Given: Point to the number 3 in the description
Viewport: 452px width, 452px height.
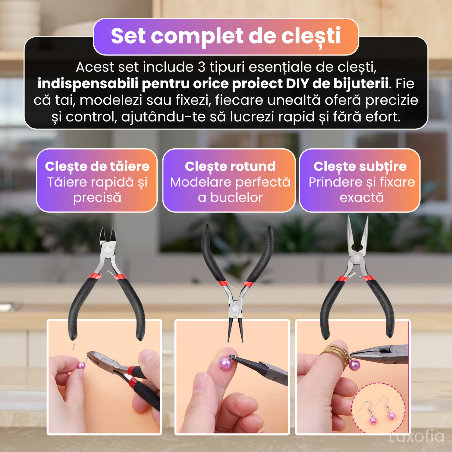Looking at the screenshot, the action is [x=202, y=67].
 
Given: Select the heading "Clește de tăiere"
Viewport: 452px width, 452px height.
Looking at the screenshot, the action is [x=97, y=166].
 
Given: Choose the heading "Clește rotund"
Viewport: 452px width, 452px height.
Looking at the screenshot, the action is [x=230, y=166].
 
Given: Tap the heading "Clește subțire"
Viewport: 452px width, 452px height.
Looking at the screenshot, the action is [x=360, y=166].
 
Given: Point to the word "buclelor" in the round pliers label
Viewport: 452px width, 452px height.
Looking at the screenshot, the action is [x=236, y=198].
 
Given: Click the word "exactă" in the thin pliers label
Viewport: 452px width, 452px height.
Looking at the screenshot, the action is [x=362, y=198].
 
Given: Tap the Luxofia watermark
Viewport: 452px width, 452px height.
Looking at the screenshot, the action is [x=416, y=436].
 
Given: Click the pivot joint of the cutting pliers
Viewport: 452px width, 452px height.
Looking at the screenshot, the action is [x=107, y=250].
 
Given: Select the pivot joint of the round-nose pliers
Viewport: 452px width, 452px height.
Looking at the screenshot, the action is [x=234, y=308].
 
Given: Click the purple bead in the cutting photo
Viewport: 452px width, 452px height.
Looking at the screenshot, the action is [x=81, y=366].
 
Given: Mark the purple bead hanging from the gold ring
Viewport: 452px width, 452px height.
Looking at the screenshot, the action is [x=354, y=365].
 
